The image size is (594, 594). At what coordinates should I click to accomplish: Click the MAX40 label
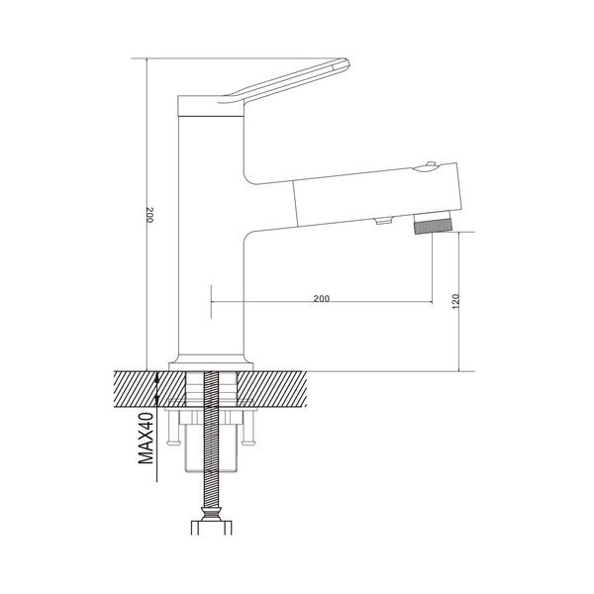(147, 439)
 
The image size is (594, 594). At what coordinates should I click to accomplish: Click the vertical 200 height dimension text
(150, 215)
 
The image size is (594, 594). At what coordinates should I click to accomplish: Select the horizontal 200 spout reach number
(322, 298)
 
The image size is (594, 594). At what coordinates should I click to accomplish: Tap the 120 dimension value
(455, 301)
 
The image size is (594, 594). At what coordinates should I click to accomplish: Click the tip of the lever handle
(347, 62)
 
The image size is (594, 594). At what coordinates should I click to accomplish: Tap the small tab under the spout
(383, 221)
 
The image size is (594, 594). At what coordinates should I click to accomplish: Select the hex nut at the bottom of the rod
(211, 527)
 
